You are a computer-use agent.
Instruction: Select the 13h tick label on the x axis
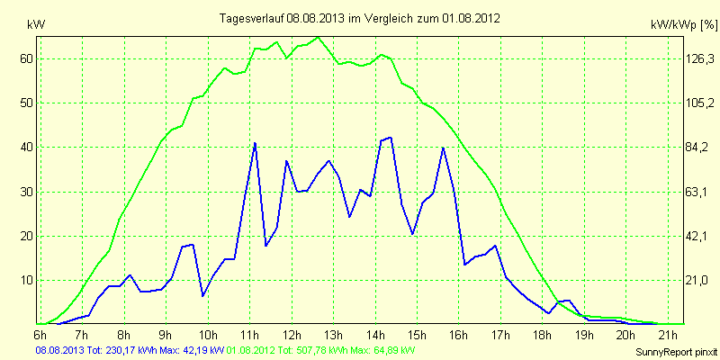pyautogui.click(x=333, y=334)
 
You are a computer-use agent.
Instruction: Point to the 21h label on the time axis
pyautogui.click(x=667, y=334)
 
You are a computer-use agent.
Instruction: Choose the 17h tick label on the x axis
pyautogui.click(x=499, y=334)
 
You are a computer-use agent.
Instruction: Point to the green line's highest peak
pyautogui.click(x=319, y=38)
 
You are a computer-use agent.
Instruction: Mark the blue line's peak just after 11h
pyautogui.click(x=255, y=143)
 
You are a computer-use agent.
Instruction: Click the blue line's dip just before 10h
pyautogui.click(x=203, y=295)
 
